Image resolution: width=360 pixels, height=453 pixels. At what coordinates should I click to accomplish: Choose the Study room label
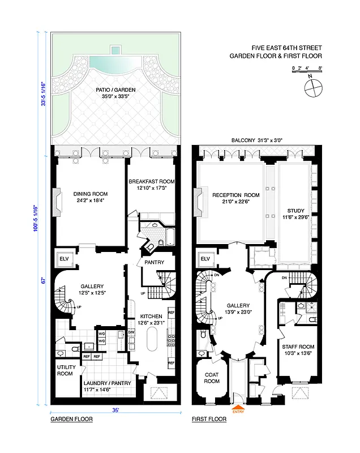[295, 212]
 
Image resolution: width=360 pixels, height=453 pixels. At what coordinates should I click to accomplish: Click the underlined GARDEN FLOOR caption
[71, 420]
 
